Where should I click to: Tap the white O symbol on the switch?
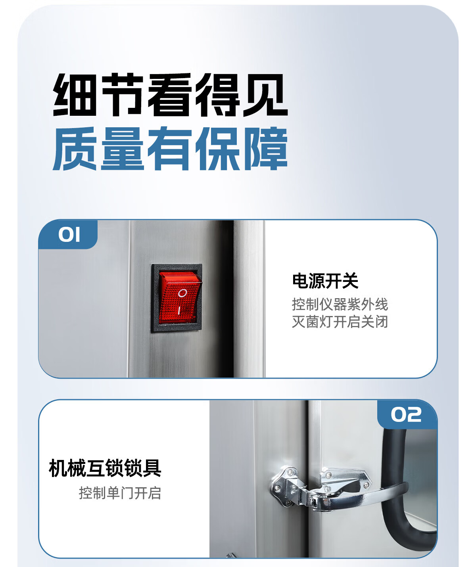pyautogui.click(x=182, y=293)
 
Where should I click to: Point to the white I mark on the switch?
pyautogui.click(x=179, y=310)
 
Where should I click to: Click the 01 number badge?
pyautogui.click(x=68, y=235)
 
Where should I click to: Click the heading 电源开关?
pyautogui.click(x=325, y=281)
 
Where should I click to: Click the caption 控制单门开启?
pyautogui.click(x=120, y=493)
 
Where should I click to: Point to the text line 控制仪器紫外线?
pyautogui.click(x=340, y=304)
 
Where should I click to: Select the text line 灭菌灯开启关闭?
pyautogui.click(x=340, y=322)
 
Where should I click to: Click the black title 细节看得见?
pyautogui.click(x=170, y=95)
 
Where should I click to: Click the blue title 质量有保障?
pyautogui.click(x=170, y=148)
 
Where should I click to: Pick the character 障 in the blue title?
pyautogui.click(x=266, y=148)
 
